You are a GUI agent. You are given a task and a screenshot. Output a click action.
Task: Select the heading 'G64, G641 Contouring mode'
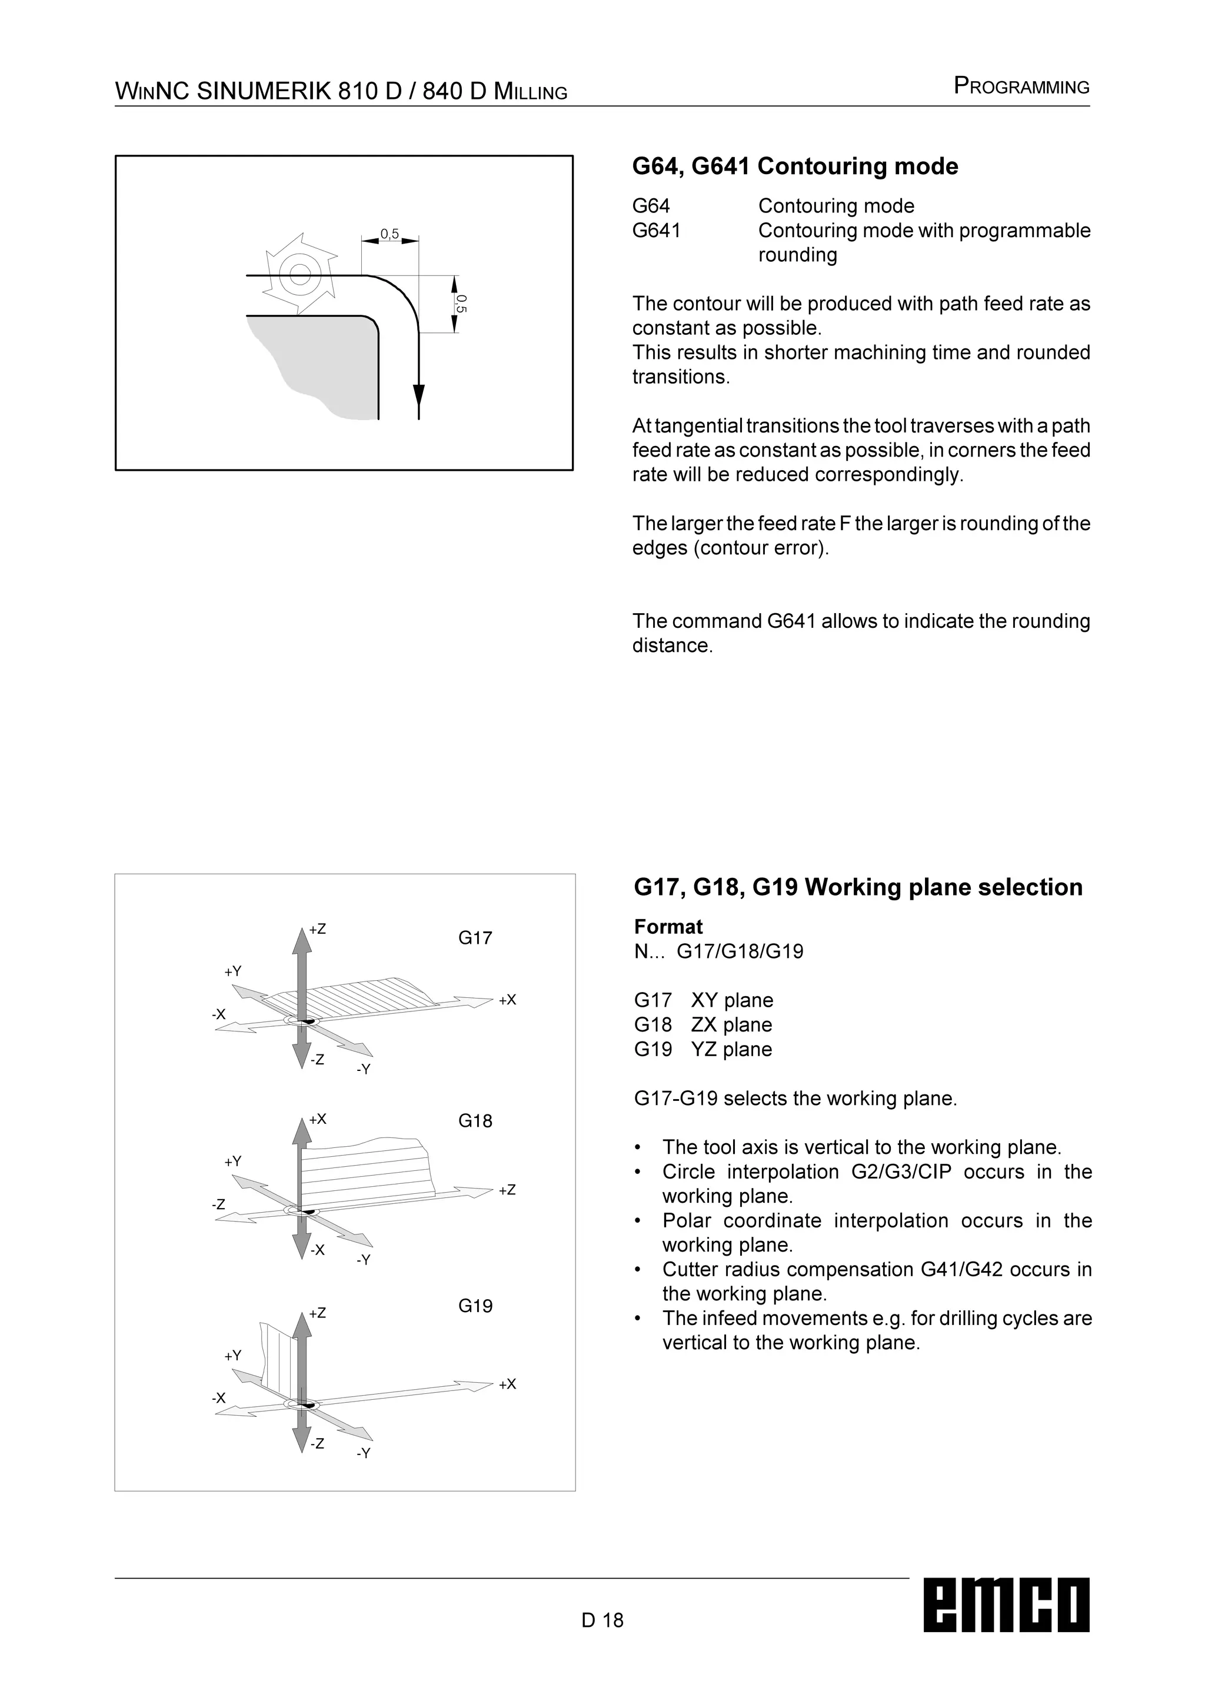795,167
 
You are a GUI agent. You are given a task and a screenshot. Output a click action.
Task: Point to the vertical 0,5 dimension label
461,303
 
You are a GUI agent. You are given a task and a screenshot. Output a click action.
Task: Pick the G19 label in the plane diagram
475,1306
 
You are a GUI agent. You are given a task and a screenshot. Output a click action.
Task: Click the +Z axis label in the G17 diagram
318,929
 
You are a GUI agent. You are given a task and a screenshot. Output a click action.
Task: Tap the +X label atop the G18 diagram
318,1119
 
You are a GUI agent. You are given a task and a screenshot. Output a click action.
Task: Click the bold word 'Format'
668,927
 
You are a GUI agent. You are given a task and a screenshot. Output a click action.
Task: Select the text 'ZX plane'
731,1025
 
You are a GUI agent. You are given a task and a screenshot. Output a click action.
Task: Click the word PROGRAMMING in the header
1021,88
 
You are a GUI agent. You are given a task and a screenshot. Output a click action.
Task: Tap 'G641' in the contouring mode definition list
656,231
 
